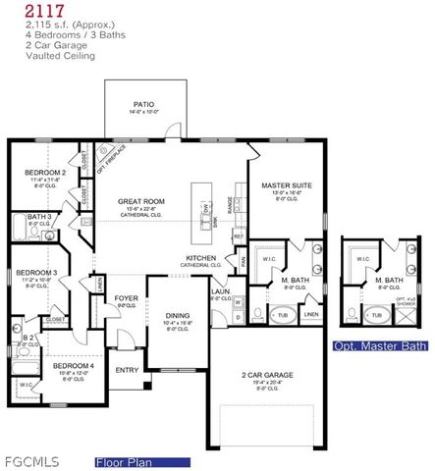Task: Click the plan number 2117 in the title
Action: (x=24, y=10)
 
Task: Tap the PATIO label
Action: (x=143, y=103)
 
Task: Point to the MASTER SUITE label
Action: (x=286, y=184)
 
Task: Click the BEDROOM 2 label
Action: (x=45, y=173)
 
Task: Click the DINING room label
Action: (x=178, y=315)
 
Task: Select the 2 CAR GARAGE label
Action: (x=266, y=374)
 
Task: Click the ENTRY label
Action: (x=127, y=370)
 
